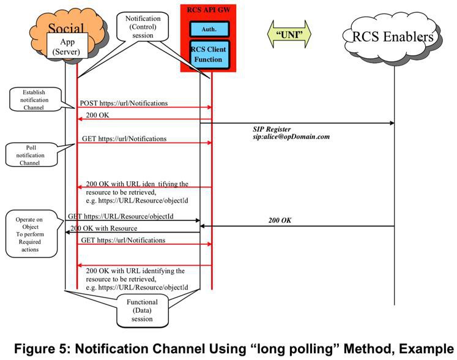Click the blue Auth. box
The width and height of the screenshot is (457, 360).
[x=209, y=29]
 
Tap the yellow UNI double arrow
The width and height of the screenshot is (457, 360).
[x=289, y=34]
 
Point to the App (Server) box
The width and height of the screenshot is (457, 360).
[x=67, y=47]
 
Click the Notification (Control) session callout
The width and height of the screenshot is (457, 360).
[x=143, y=27]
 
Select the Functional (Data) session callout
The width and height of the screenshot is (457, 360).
[x=142, y=310]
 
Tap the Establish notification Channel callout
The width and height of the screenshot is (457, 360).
[x=35, y=99]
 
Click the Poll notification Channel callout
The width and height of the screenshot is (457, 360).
[x=31, y=155]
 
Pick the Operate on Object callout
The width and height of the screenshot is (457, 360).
[x=31, y=234]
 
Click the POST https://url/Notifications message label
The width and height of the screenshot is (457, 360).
[x=124, y=103]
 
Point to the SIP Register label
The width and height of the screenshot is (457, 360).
[x=272, y=129]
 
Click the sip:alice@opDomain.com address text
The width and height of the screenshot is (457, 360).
[x=291, y=137]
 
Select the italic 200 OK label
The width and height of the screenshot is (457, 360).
[x=280, y=220]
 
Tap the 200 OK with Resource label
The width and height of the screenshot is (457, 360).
[x=104, y=228]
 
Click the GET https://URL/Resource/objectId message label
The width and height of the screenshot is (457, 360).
[x=121, y=216]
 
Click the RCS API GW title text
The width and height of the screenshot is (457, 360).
[x=209, y=10]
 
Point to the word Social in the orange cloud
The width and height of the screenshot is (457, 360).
[x=66, y=28]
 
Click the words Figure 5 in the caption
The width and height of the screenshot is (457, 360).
[x=40, y=349]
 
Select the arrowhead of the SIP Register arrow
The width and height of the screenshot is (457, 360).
[x=392, y=123]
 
